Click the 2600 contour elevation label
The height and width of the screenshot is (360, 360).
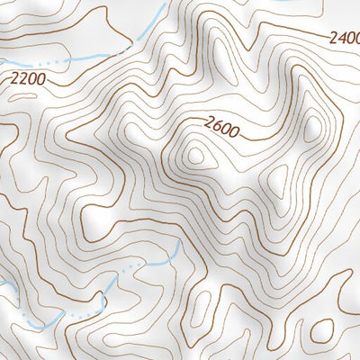pyautogui.click(x=221, y=129)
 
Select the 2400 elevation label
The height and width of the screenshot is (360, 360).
pyautogui.click(x=343, y=39)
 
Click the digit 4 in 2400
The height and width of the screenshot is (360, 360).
pyautogui.click(x=338, y=39)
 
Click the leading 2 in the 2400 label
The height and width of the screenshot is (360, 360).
pyautogui.click(x=330, y=39)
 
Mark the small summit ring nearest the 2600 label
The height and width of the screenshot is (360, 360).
pyautogui.click(x=196, y=155)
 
